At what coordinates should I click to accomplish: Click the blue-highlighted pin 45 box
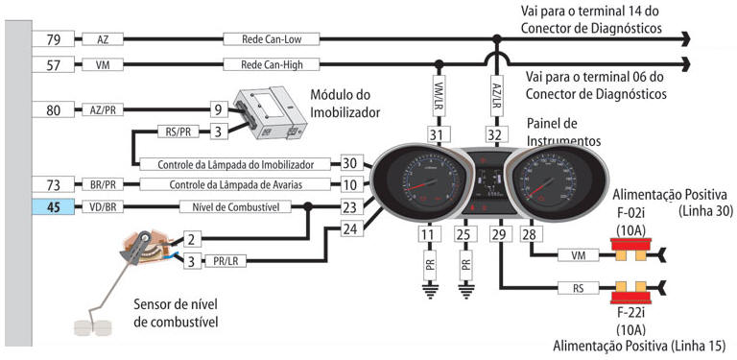coord(53,206)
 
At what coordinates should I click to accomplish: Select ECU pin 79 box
coord(53,39)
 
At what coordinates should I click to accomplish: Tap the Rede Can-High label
coord(272,64)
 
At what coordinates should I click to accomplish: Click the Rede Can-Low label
coord(272,39)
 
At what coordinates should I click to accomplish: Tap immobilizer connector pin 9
coord(219,110)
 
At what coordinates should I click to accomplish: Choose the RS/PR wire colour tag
coord(178,132)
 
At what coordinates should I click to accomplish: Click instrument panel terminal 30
coord(350,163)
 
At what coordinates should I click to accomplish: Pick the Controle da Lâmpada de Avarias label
coord(235,184)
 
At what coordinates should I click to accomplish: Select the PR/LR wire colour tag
coord(226,261)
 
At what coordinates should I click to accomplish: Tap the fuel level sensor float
coord(92,327)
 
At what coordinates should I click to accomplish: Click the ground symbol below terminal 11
coord(429,291)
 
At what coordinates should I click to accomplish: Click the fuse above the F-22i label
coord(630,293)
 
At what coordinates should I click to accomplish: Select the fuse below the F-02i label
coord(630,250)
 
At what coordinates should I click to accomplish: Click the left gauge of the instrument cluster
coord(419,182)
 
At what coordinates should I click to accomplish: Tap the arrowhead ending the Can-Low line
coord(686,39)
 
